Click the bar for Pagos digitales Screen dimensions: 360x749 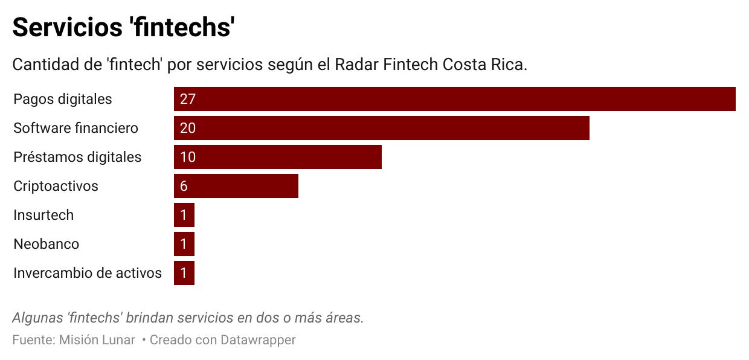454,99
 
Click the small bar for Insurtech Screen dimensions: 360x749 184,215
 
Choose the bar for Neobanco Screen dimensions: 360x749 184,244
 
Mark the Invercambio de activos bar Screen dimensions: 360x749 184,273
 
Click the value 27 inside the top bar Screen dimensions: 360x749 188,99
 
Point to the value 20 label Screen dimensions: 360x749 188,128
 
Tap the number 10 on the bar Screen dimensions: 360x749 188,157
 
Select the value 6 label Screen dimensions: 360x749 184,186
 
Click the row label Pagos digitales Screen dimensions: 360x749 63,99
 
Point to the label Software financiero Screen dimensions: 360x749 76,128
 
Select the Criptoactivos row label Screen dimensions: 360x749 56,186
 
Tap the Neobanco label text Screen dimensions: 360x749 47,244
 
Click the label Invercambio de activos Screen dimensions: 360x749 88,273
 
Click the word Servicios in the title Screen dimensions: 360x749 66,27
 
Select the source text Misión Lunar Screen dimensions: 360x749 97,340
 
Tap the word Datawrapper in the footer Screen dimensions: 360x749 258,340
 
